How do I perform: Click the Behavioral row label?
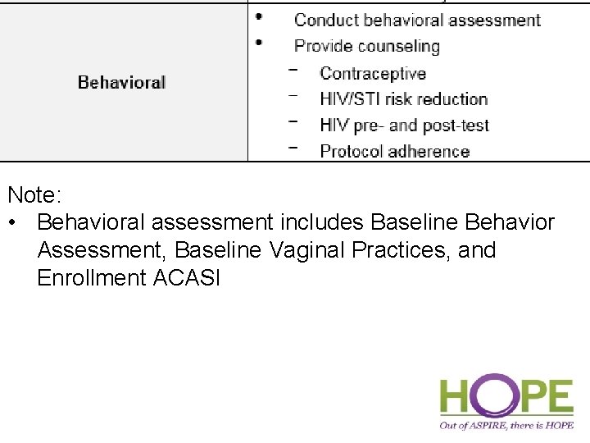point(121,82)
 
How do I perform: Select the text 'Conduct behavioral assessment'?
point(417,20)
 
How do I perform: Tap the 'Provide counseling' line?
point(366,46)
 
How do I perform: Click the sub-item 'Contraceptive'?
point(373,74)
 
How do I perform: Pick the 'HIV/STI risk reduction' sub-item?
point(403,99)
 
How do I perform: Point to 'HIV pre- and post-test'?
point(404,126)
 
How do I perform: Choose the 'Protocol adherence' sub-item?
point(394,151)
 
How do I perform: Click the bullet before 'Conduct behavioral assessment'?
point(259,16)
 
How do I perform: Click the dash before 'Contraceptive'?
point(293,70)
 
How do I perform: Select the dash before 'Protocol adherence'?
point(293,148)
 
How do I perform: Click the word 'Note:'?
point(35,195)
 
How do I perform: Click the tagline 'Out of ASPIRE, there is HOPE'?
point(506,425)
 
